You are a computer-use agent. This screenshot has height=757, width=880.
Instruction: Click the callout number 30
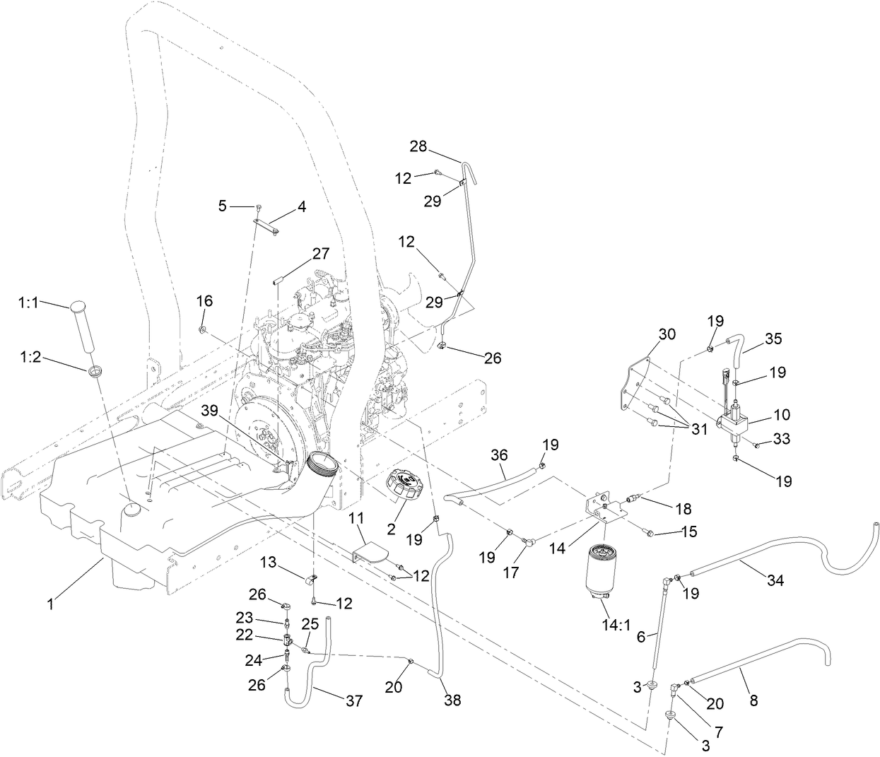(667, 334)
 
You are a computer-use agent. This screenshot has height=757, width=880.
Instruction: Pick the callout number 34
(775, 581)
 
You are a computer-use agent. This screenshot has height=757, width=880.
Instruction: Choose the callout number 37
(353, 700)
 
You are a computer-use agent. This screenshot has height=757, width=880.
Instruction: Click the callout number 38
(452, 700)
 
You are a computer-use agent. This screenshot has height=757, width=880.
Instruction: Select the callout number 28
(418, 146)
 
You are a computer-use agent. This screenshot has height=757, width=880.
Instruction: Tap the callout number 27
(321, 254)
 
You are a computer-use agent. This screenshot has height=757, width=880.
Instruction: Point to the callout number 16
(204, 301)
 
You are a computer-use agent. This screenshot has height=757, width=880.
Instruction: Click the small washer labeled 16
(203, 329)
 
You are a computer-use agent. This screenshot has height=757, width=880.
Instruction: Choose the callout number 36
(499, 457)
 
